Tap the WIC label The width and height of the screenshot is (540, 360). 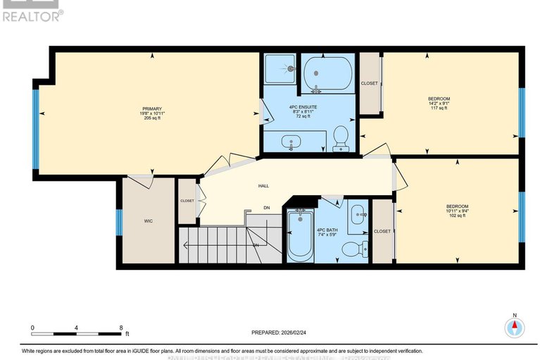pyautogui.click(x=149, y=221)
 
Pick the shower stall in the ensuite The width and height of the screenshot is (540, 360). pyautogui.click(x=281, y=70)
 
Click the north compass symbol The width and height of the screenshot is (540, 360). pyautogui.click(x=515, y=327)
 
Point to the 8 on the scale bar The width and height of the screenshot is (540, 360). pyautogui.click(x=122, y=328)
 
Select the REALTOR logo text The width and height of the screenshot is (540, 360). pyautogui.click(x=32, y=15)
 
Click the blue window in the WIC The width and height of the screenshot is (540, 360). pyautogui.click(x=119, y=221)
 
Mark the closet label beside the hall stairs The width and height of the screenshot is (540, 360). pyautogui.click(x=187, y=201)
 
